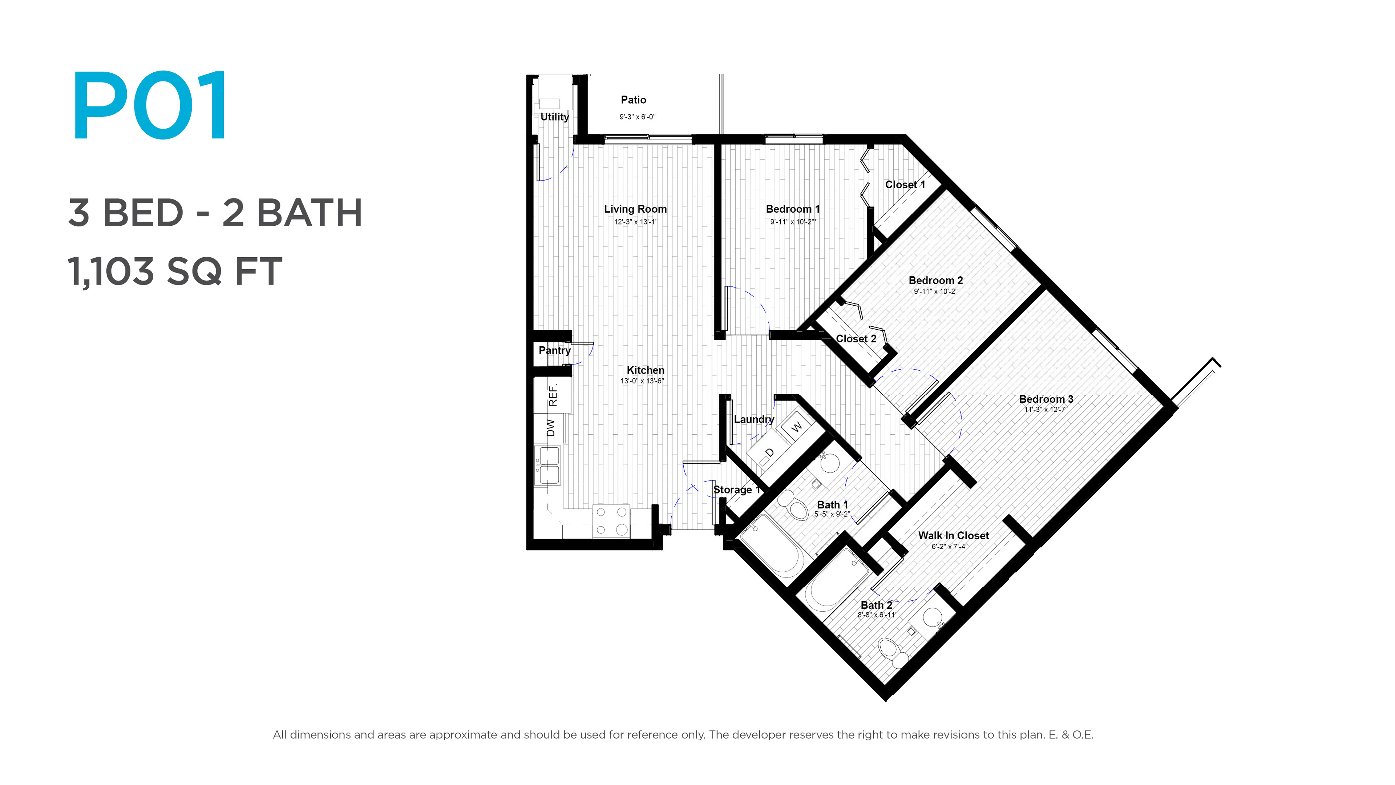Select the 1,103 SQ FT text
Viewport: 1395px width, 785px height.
tap(175, 271)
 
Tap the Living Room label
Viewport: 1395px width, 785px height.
tap(635, 209)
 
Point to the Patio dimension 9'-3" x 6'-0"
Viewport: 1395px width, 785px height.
tap(638, 116)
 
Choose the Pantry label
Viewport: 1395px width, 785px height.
tap(554, 350)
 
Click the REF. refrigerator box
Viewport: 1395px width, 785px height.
tap(552, 395)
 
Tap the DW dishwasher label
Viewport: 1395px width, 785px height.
tap(551, 428)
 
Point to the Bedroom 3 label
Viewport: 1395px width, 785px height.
tap(1046, 399)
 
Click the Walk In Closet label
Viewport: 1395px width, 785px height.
tap(953, 536)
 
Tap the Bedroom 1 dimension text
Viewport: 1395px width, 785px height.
tap(793, 222)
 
